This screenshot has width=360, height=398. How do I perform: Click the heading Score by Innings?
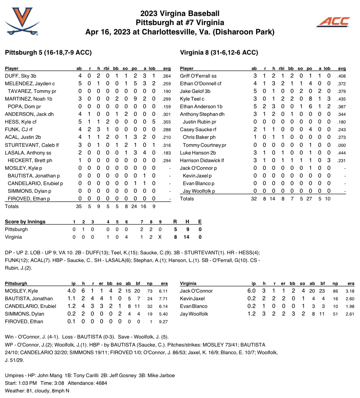click(25, 222)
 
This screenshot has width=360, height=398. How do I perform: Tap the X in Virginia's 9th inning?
click(160, 237)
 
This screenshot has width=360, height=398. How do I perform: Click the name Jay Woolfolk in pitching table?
click(194, 314)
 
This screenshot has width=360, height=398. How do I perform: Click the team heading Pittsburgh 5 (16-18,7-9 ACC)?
click(48, 53)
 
